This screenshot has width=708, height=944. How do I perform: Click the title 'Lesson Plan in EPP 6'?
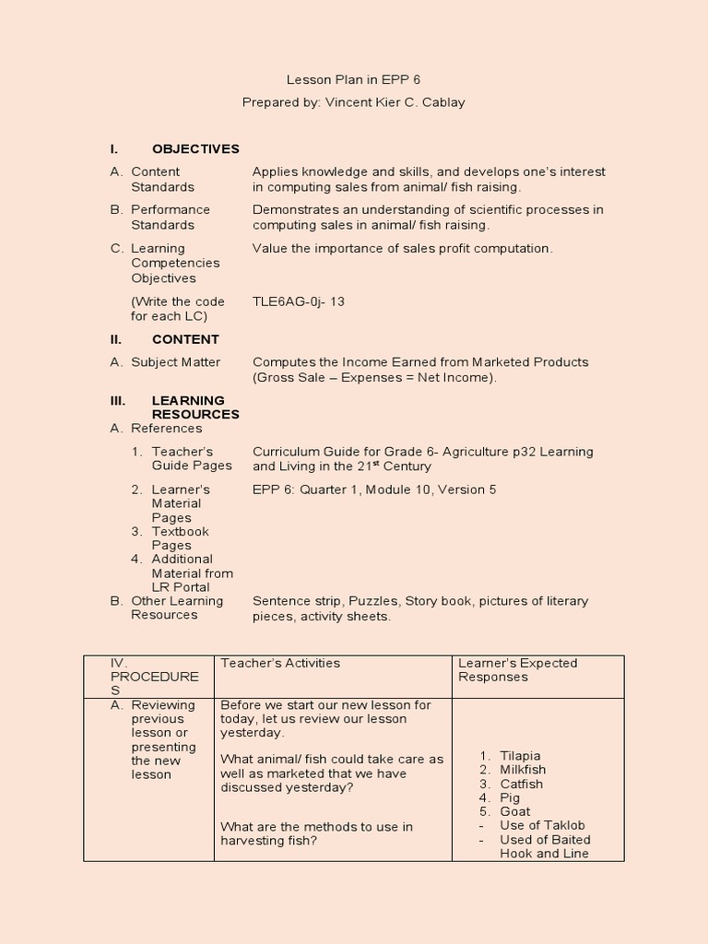pos(353,80)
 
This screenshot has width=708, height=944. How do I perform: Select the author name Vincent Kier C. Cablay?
pos(395,102)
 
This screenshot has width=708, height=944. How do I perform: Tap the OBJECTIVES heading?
pos(195,148)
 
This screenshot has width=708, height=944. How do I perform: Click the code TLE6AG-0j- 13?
pos(299,301)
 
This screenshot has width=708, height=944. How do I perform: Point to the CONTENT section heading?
pos(185,339)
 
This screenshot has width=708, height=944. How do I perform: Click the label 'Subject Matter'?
pos(175,362)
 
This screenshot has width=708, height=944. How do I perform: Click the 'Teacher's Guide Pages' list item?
pos(191,458)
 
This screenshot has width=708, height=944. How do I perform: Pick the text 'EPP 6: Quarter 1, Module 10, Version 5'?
pos(374,490)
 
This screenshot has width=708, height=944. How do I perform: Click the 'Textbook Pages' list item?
pos(180,538)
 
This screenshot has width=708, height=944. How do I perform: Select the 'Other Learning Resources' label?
pos(176,608)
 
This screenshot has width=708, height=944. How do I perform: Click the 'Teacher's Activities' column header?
pos(280,663)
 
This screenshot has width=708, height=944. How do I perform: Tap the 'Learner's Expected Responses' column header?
pos(517,669)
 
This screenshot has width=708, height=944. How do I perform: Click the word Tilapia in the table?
pos(520,756)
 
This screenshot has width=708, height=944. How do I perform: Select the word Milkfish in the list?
pos(522,770)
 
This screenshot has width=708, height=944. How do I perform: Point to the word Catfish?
pos(521,784)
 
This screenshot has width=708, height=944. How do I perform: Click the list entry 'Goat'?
pos(514,811)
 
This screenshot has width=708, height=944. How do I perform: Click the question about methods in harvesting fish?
pos(316,833)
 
